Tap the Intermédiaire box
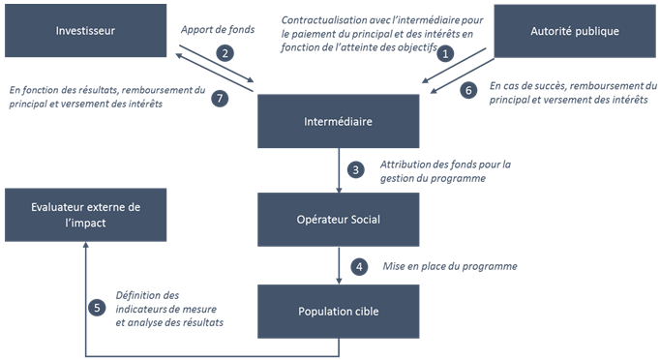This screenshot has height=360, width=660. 338,122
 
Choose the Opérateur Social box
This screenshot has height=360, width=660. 338,218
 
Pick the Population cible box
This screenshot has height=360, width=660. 338,312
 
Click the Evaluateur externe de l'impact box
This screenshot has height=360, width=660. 86,215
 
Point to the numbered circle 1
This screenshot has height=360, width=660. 445,54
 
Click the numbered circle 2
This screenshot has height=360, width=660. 225,53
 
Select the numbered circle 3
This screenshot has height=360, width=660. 356,169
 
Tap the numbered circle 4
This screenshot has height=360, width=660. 358,265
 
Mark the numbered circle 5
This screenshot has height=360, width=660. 96,308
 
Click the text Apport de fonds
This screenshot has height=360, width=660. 218,30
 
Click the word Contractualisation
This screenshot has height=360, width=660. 324,19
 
